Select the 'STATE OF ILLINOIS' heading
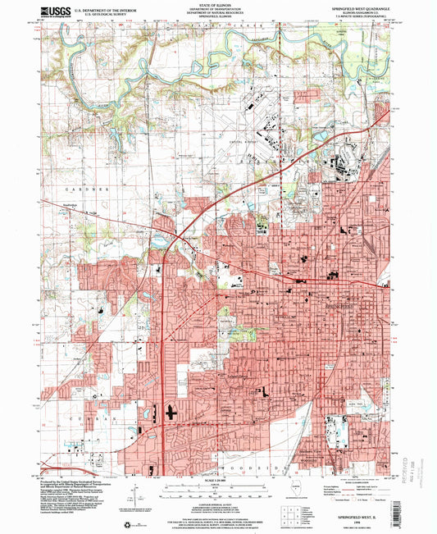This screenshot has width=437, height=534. pos(217,4)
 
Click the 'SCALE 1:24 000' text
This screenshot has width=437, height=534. pos(217,479)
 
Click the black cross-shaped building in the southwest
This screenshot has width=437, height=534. pos(171,412)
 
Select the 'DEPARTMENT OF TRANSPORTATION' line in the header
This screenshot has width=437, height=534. pos(217,8)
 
